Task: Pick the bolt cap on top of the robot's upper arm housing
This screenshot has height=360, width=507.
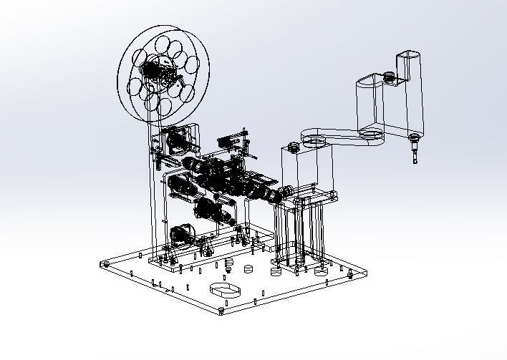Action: pyautogui.click(x=389, y=74)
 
